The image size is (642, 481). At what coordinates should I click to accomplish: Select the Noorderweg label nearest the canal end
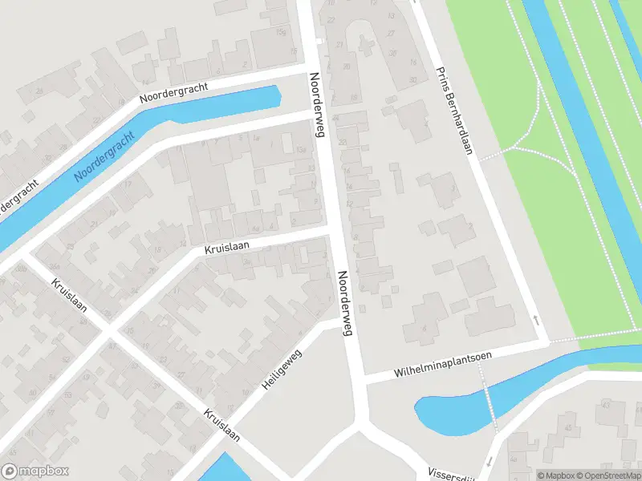pyautogui.click(x=315, y=106)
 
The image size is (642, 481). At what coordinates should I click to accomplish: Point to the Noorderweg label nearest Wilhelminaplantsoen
pyautogui.click(x=346, y=303)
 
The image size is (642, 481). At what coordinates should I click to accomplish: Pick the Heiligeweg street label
pyautogui.click(x=282, y=370)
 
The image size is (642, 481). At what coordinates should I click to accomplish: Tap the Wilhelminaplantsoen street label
pyautogui.click(x=442, y=363)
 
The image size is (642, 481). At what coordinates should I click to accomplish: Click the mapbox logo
pyautogui.click(x=34, y=472)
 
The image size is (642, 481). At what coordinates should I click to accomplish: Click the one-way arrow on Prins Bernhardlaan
pyautogui.click(x=536, y=320)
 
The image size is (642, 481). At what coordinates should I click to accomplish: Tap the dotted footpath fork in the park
pyautogui.click(x=513, y=148)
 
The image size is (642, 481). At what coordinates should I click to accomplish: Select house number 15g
pyautogui.click(x=281, y=32)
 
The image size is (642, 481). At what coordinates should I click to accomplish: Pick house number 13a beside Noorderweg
pyautogui.click(x=301, y=150)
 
